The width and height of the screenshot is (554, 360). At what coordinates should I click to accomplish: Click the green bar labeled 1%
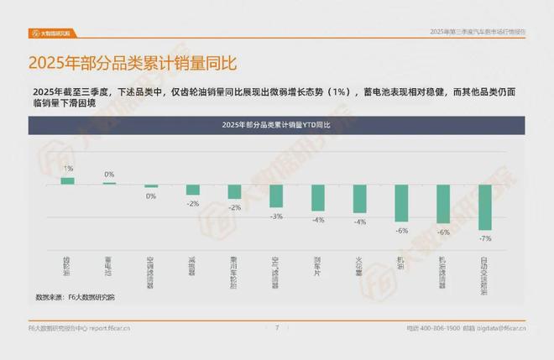tap(67, 180)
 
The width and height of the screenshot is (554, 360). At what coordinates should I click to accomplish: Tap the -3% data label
tap(276, 217)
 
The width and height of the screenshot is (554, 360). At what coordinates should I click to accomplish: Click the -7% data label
tap(485, 237)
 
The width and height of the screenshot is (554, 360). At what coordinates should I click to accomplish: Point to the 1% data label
tap(67, 169)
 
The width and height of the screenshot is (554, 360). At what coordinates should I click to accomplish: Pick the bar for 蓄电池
tap(109, 183)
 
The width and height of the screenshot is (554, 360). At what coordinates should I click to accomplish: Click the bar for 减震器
tap(192, 190)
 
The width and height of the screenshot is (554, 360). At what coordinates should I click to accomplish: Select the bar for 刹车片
tap(318, 197)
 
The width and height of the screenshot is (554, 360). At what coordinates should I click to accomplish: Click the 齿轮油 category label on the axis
tap(67, 267)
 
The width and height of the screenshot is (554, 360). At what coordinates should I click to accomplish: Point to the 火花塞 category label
tap(360, 267)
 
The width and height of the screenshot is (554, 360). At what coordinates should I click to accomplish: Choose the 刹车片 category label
tap(318, 267)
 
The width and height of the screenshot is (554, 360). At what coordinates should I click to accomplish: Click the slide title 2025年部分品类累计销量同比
tap(133, 63)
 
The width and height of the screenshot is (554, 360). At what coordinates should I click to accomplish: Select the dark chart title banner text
tap(276, 124)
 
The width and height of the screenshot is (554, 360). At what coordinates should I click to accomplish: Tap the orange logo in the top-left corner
tap(50, 33)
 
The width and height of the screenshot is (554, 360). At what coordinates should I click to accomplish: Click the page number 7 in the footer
tap(277, 327)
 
